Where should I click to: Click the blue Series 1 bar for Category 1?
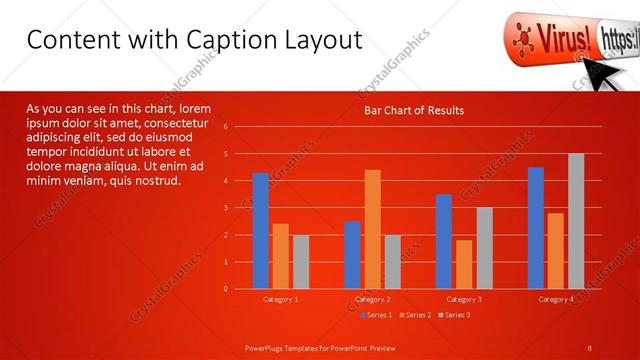click(x=261, y=231)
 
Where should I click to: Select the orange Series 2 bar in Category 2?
click(x=372, y=229)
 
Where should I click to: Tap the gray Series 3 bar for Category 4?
click(x=576, y=221)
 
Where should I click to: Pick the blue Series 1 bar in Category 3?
click(x=444, y=241)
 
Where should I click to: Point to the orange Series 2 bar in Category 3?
click(x=464, y=264)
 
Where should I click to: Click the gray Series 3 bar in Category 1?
click(x=301, y=262)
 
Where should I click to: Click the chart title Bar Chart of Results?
click(x=413, y=110)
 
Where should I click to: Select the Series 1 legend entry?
click(x=375, y=315)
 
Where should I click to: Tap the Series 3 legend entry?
click(x=453, y=315)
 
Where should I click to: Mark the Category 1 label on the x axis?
click(x=281, y=299)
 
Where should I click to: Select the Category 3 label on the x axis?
click(x=464, y=299)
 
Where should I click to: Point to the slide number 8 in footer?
click(x=591, y=347)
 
